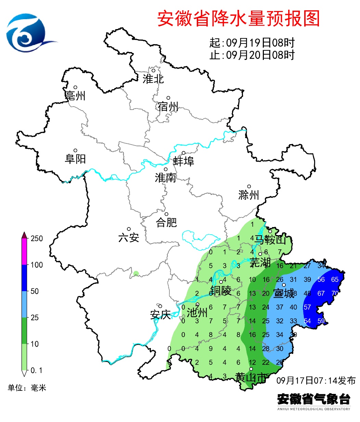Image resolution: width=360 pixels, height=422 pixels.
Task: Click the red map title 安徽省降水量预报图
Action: tap(239, 18)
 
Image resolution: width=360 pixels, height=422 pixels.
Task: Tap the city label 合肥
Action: tap(166, 222)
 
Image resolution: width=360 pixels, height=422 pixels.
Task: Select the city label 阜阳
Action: tap(75, 159)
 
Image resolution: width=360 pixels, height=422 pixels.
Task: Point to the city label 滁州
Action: tap(249, 195)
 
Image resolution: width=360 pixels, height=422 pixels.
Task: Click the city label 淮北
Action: tap(153, 79)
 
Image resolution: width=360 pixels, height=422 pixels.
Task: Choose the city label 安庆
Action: tap(160, 314)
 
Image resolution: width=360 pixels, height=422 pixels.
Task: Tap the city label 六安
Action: tap(129, 237)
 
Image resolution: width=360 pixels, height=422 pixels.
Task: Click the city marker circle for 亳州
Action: tap(75, 87)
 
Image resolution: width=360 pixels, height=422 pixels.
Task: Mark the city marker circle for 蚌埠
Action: tap(183, 153)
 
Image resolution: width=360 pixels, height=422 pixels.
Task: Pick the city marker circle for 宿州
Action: tap(168, 98)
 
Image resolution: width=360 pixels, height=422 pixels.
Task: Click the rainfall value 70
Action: tap(335, 294)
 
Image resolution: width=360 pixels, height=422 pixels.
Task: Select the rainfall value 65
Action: tap(335, 280)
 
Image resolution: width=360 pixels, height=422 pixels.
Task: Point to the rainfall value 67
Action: tap(321, 294)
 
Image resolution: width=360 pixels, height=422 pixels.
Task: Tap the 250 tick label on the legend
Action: tap(37, 238)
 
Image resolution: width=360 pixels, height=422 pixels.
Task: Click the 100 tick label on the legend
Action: tap(37, 265)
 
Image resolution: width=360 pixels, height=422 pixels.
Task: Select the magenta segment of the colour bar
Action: tap(24, 251)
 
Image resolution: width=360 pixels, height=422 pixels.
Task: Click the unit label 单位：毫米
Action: tap(27, 388)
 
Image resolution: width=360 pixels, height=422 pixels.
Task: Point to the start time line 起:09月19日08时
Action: tap(252, 43)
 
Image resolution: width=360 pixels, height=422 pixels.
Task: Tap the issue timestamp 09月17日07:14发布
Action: tap(316, 381)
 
